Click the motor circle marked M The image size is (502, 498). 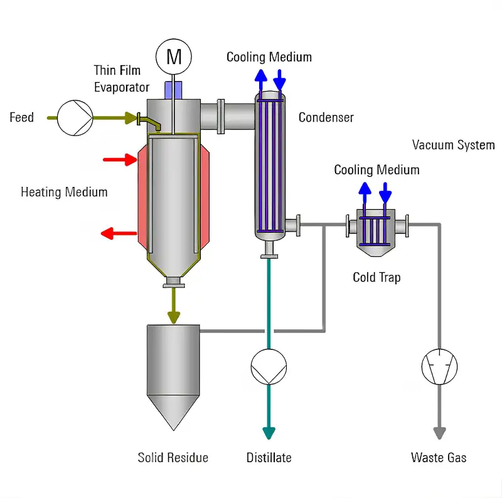coord(173,58)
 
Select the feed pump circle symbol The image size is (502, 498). coord(75,117)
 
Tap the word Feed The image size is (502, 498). coord(21,117)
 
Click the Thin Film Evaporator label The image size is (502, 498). coord(122,78)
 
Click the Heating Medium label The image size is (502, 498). coord(64,192)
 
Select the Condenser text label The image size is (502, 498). coord(326,117)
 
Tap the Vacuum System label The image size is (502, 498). coord(453,145)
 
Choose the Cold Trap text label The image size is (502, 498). coord(376,277)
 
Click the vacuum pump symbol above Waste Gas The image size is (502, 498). coord(439,366)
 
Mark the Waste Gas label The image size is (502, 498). coord(439,457)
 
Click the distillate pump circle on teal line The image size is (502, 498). coord(269,366)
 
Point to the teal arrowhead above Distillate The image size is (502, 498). coord(269,433)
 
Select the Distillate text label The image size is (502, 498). coord(269,457)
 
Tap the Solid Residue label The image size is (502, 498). coord(173,457)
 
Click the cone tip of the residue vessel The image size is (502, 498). coord(173,428)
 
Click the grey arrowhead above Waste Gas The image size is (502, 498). coord(439,433)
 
